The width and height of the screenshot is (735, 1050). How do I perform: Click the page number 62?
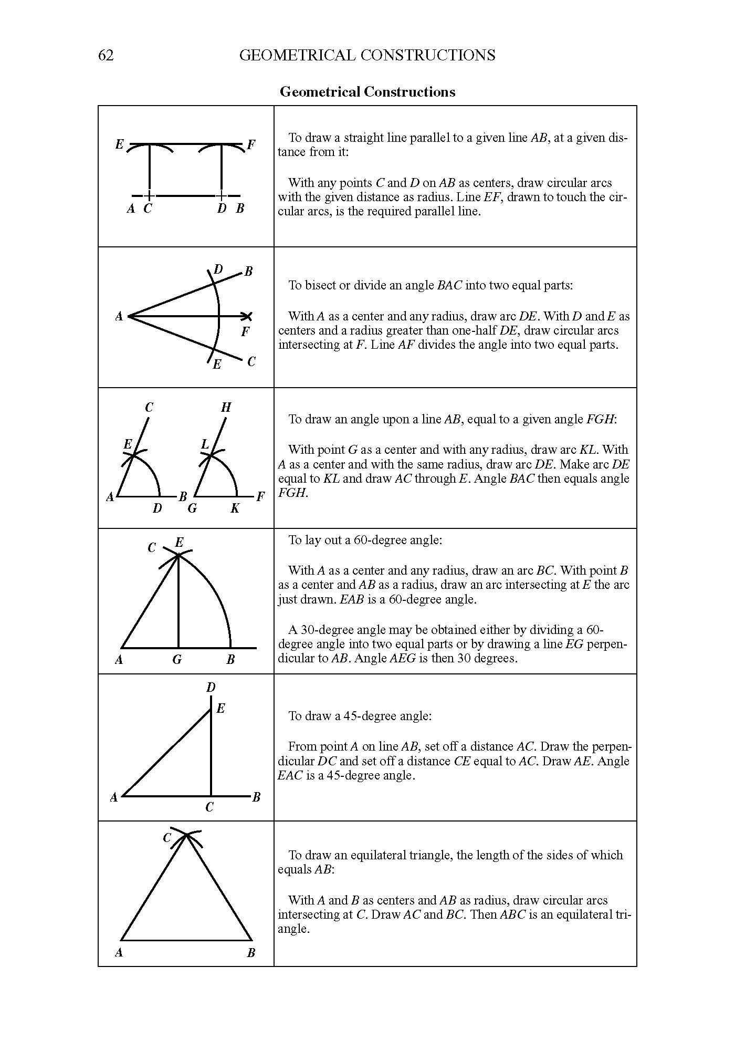(x=106, y=55)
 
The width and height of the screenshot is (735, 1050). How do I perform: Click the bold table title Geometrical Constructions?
(x=367, y=92)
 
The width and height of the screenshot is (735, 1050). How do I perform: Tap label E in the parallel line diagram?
(x=120, y=144)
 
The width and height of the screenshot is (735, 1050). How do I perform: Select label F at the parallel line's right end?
(x=251, y=145)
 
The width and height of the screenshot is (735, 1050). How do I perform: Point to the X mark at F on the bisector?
(x=247, y=316)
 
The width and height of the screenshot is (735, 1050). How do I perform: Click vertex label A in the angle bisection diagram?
(x=119, y=316)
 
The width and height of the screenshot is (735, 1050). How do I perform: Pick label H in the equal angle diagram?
(x=226, y=407)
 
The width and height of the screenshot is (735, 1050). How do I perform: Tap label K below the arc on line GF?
(x=235, y=508)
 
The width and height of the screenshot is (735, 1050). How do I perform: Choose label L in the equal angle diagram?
(x=205, y=444)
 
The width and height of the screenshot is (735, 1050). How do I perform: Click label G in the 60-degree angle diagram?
(x=177, y=660)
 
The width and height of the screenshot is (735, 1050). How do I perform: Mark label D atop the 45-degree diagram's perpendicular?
(x=211, y=688)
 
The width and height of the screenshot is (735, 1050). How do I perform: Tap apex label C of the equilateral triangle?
(x=167, y=838)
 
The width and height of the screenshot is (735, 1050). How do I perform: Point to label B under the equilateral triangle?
(x=251, y=953)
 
